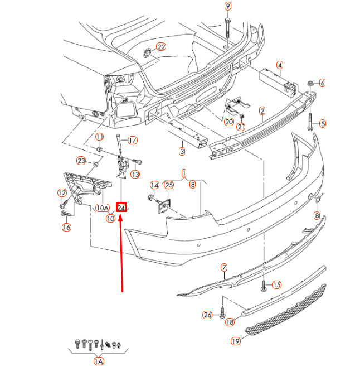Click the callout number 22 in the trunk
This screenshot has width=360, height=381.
[161, 47]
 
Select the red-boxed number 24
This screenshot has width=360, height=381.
[122, 208]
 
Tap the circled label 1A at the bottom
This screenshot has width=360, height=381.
[99, 361]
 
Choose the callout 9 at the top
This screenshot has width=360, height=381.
[227, 6]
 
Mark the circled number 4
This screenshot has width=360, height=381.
[279, 65]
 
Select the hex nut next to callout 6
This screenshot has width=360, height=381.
[310, 84]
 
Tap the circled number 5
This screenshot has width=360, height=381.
[322, 123]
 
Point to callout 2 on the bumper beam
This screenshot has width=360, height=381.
[262, 111]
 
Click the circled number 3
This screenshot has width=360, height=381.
[182, 151]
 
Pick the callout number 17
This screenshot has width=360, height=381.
[133, 140]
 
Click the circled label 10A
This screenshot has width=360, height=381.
[102, 208]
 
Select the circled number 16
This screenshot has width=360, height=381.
[66, 226]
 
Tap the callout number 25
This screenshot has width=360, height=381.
[169, 185]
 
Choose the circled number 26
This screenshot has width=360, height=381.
[207, 315]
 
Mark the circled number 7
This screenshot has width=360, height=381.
[224, 268]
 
